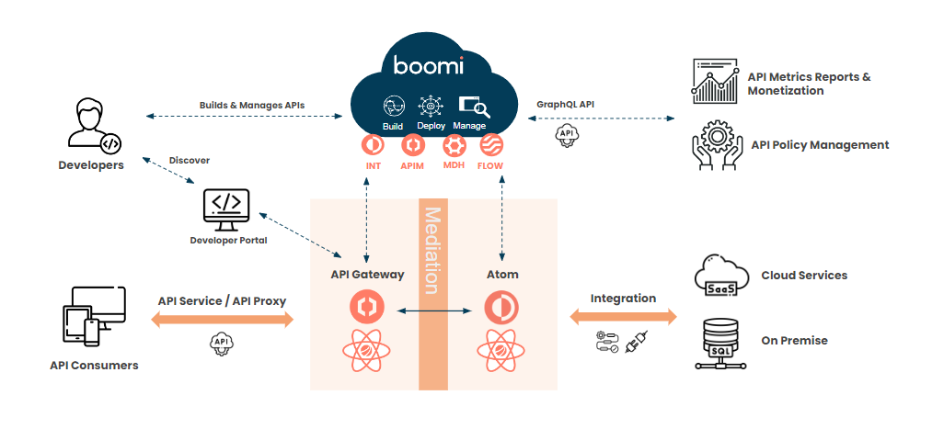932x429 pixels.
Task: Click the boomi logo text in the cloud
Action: [x=428, y=65]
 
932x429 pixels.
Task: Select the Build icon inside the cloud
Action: [x=394, y=106]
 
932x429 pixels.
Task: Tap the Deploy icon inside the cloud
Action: [x=431, y=106]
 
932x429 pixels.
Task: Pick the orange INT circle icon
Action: [x=374, y=145]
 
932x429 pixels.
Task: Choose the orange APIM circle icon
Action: [x=413, y=145]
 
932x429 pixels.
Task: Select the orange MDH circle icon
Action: [x=454, y=145]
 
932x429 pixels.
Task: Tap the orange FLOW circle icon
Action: [x=491, y=145]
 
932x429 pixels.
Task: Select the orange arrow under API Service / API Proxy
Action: [x=222, y=320]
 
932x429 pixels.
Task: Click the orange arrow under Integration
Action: [x=623, y=317]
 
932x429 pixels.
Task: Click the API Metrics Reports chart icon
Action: [x=716, y=82]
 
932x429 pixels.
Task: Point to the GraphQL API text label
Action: [x=565, y=105]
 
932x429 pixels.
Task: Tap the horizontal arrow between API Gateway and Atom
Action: [x=432, y=312]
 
